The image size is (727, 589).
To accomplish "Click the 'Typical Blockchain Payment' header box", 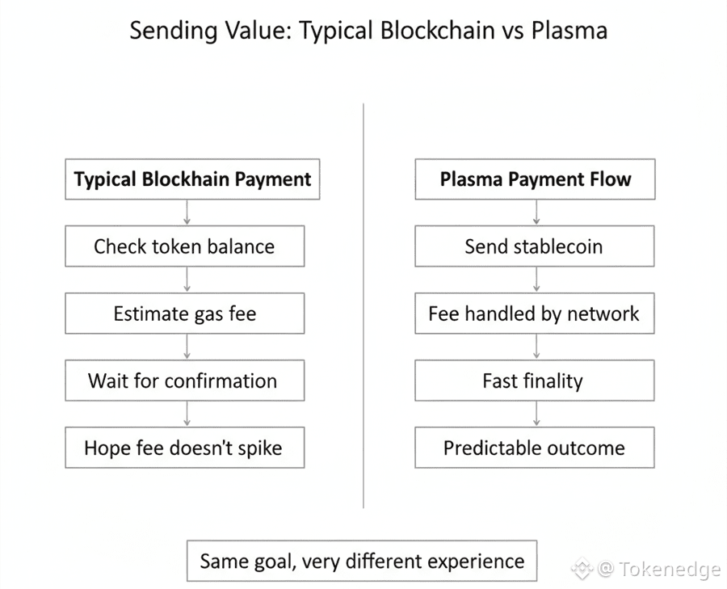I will click(192, 179).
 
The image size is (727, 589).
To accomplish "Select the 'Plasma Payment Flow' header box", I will click(535, 179).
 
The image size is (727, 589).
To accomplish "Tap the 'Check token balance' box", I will click(184, 246).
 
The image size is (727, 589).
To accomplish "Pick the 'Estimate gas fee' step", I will click(184, 313).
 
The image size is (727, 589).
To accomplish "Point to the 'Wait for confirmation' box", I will click(184, 381).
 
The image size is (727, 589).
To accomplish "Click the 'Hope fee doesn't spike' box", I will click(184, 448).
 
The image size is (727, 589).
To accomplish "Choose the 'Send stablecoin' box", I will click(535, 246).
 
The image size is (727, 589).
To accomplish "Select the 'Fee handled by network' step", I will click(535, 313).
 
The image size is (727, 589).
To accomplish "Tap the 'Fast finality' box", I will click(535, 381).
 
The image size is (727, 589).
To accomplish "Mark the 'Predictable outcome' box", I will click(535, 448).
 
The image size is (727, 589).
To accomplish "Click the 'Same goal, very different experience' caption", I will click(362, 561).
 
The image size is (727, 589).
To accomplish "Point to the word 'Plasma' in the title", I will click(569, 32).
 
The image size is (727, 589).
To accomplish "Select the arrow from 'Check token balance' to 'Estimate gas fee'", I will click(187, 280).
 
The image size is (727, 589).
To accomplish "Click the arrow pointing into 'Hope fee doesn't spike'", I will click(187, 414).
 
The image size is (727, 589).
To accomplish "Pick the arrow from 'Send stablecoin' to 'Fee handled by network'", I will click(536, 280).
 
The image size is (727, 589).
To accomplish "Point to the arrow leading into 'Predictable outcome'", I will click(536, 414).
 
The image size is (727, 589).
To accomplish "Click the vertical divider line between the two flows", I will click(363, 307).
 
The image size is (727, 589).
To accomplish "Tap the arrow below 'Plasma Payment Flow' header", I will click(536, 212).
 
